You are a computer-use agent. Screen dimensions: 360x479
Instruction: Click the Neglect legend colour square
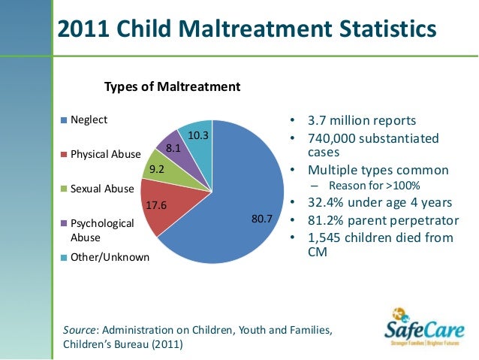pos(65,120)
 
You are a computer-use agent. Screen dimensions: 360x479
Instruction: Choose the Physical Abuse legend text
pos(105,155)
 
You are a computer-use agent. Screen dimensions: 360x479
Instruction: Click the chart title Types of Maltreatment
pos(172,86)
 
